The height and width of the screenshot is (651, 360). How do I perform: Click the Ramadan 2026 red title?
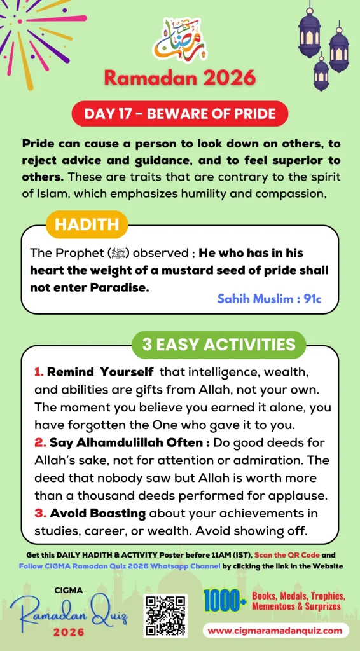pyautogui.click(x=179, y=78)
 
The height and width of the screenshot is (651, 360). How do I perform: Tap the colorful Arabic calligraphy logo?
pyautogui.click(x=180, y=40)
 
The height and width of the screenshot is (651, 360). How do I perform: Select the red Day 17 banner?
pyautogui.click(x=179, y=114)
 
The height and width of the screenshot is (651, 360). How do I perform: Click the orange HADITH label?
pyautogui.click(x=87, y=224)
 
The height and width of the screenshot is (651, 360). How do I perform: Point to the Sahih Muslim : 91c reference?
pyautogui.click(x=269, y=299)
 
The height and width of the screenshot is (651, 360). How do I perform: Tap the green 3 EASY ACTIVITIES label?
pyautogui.click(x=219, y=345)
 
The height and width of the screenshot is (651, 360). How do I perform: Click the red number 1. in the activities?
pyautogui.click(x=39, y=372)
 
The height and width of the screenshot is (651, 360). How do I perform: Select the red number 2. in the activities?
pyautogui.click(x=39, y=442)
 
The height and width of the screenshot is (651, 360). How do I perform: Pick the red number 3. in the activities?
pyautogui.click(x=39, y=513)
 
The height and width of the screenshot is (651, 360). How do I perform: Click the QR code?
pyautogui.click(x=165, y=616)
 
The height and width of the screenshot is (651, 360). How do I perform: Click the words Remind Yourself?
pyautogui.click(x=100, y=371)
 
